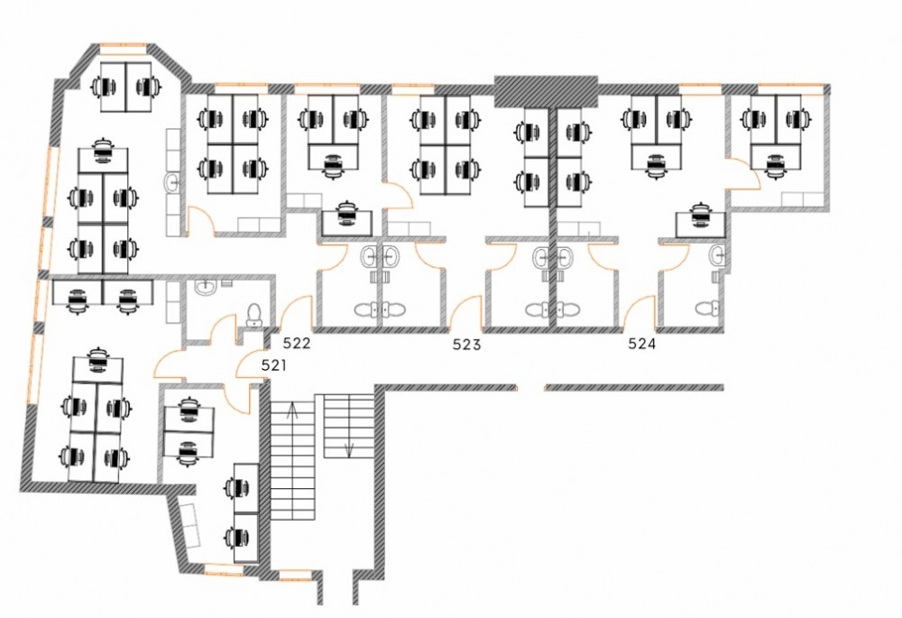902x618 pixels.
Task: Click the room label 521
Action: point(274,365)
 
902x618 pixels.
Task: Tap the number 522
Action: point(298,344)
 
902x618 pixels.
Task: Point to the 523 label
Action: point(466,345)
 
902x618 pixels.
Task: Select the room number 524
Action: point(642,344)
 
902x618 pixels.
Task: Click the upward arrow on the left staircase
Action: point(292,410)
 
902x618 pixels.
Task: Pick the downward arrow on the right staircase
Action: point(348,449)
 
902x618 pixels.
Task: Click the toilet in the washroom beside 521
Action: point(253,316)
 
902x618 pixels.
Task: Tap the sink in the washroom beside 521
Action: point(204,287)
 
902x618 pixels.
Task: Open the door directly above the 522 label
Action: point(297,311)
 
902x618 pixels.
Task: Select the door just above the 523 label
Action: point(466,311)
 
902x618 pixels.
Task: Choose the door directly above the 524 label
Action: point(640,311)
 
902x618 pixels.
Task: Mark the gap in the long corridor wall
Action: point(530,388)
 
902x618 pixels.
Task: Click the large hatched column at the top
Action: point(546,90)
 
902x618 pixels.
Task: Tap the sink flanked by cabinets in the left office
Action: point(172,182)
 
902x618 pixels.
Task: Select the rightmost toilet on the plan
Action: point(706,309)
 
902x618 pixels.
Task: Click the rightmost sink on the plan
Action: point(717,254)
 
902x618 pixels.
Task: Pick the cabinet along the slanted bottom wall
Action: point(189,525)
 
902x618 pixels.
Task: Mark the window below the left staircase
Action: point(295,575)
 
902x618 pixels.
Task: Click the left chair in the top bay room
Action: point(104,87)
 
